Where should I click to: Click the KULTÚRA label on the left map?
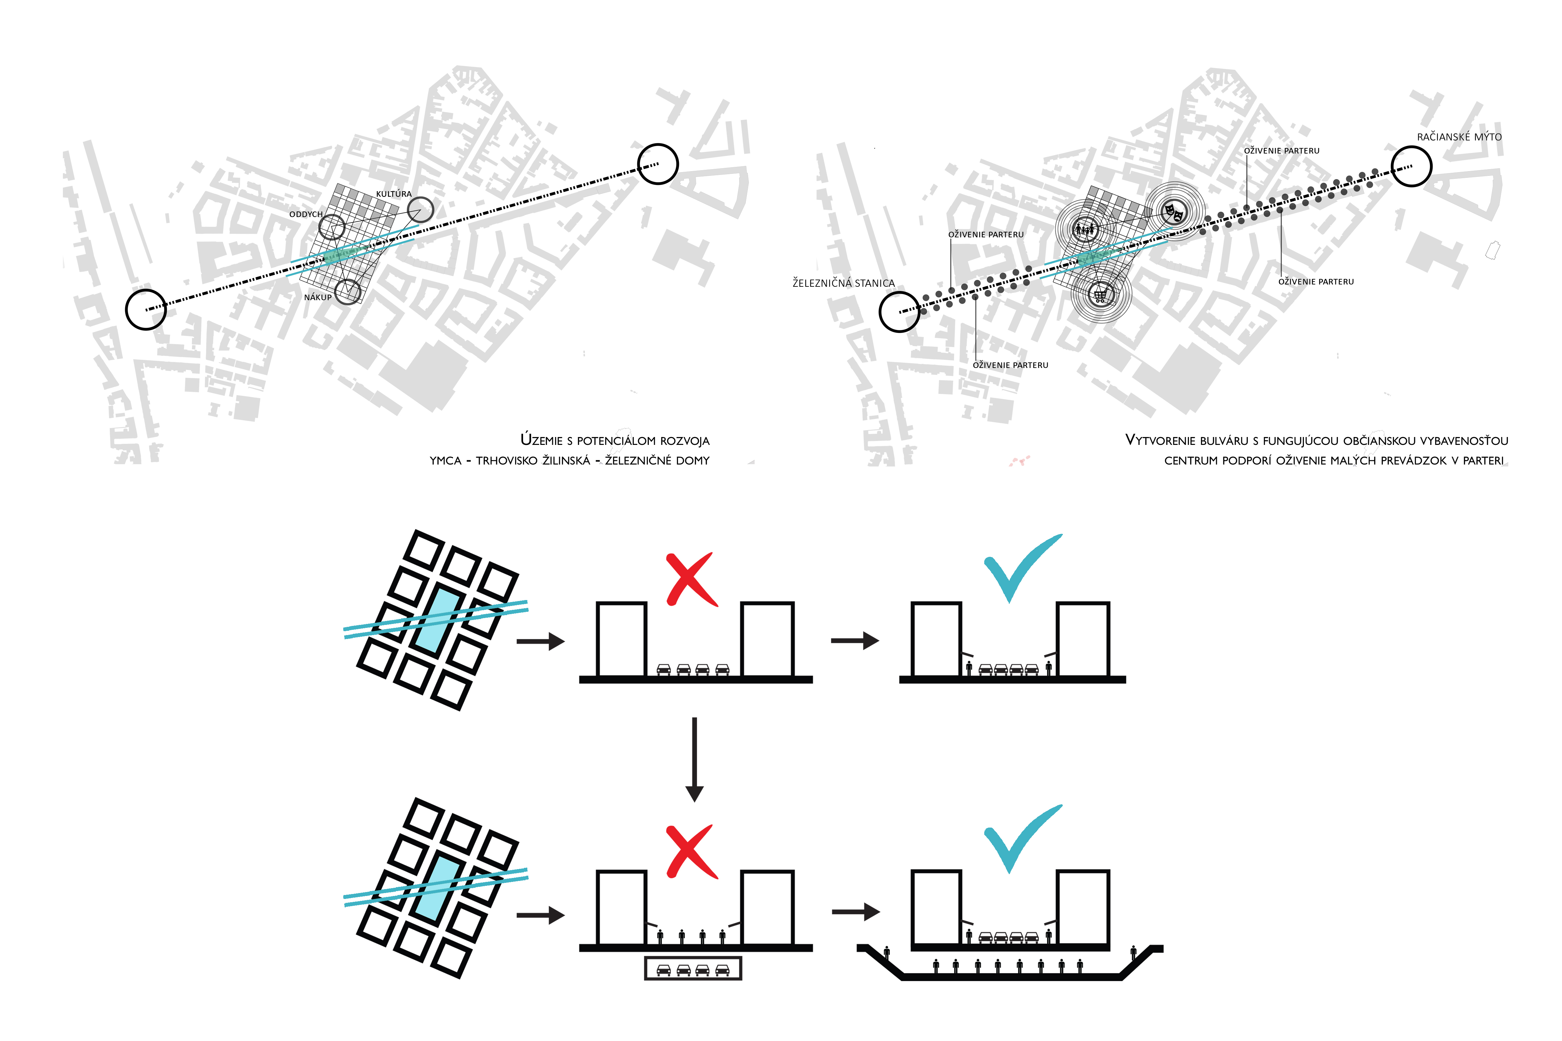click(x=393, y=194)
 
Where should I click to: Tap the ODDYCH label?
click(x=306, y=214)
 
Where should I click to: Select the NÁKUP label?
click(x=317, y=298)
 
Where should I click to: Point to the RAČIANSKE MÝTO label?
click(x=1458, y=137)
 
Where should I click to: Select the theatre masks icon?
click(x=1174, y=212)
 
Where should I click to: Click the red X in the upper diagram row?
click(x=691, y=579)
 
